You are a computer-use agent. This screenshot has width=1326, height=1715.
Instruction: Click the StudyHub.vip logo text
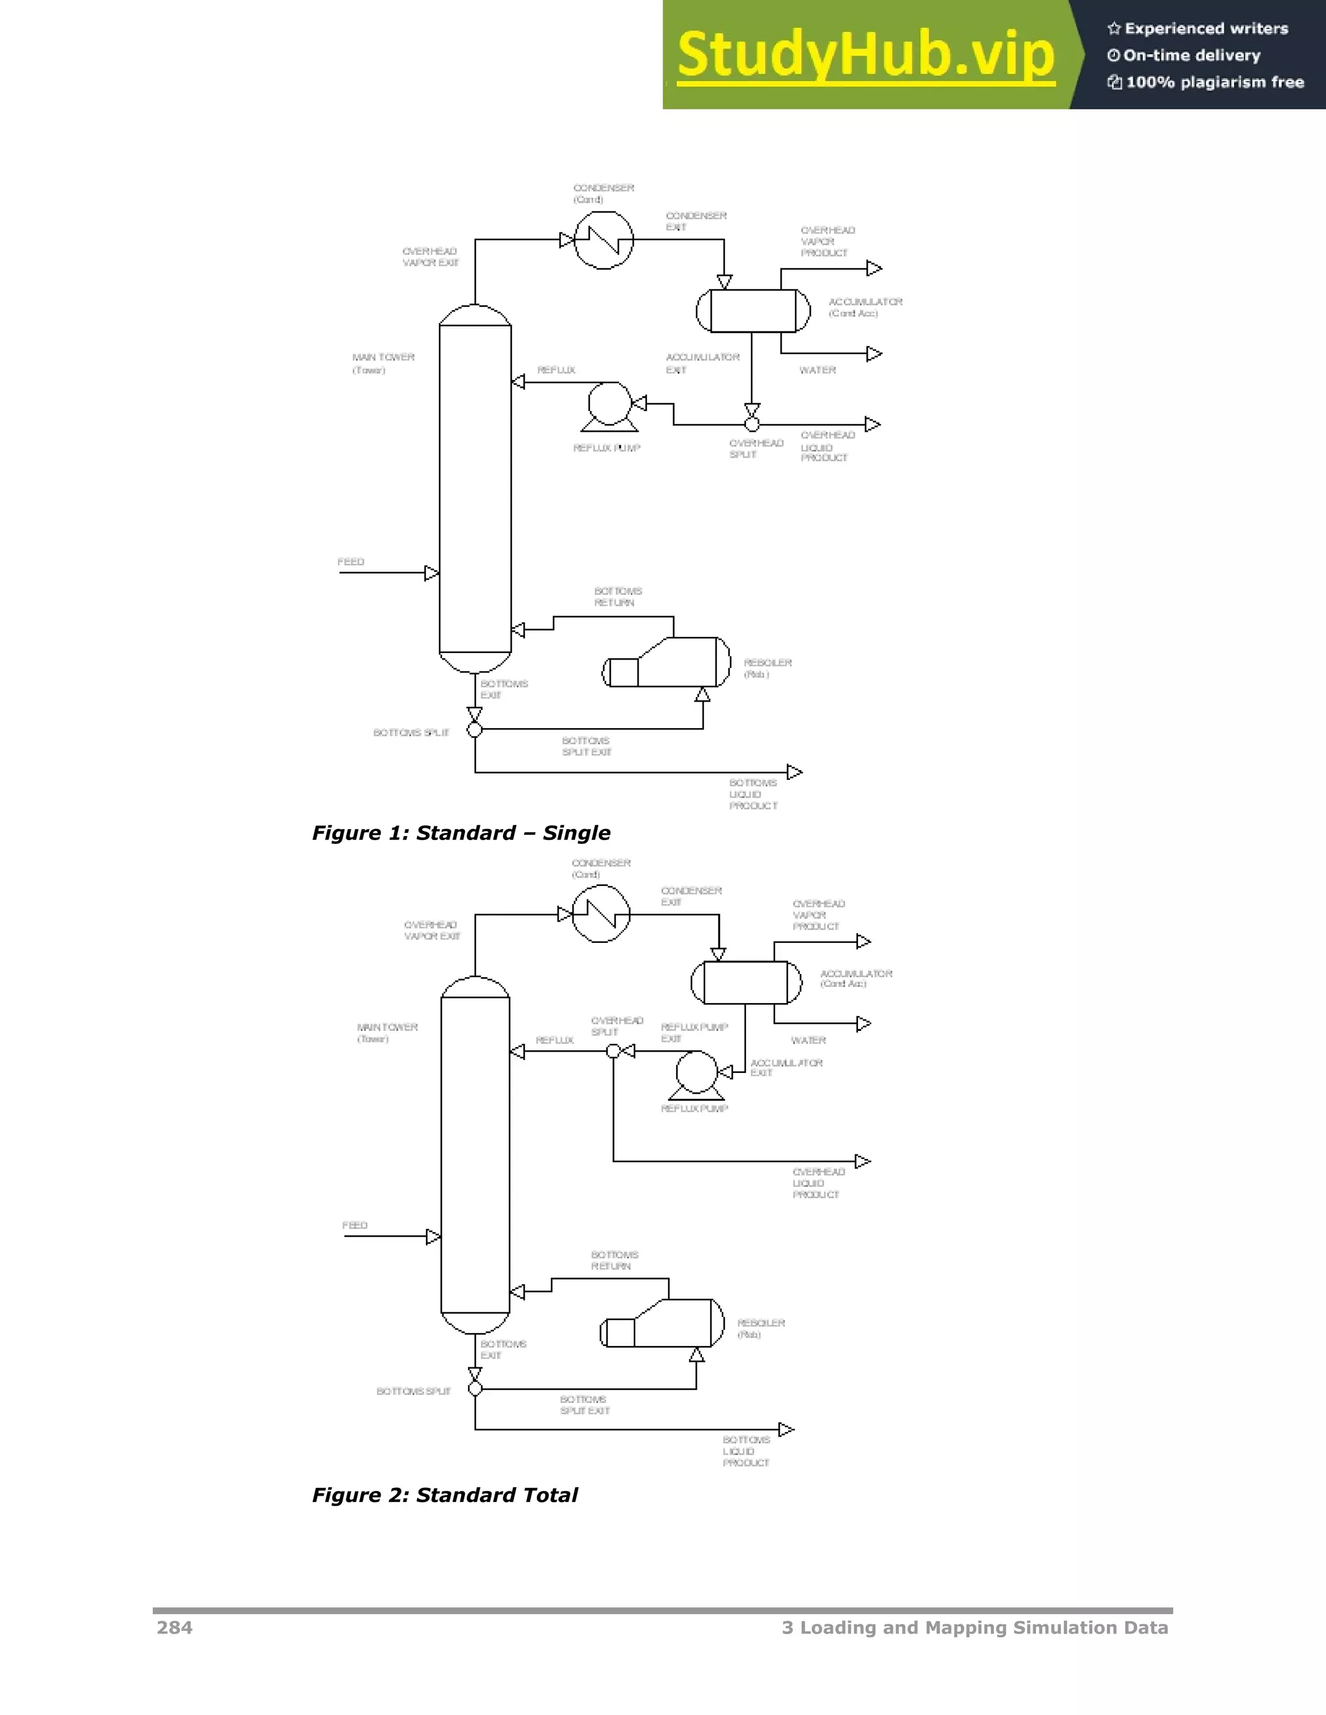pos(865,55)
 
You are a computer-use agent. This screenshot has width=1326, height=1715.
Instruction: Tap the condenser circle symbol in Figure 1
pos(603,239)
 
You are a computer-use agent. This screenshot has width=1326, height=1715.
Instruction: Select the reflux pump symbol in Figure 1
pos(609,405)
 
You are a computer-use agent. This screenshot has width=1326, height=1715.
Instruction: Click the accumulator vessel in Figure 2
pos(745,982)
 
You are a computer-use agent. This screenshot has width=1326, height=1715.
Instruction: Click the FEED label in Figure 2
pos(354,1225)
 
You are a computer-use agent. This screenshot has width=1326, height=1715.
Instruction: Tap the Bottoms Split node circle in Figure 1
pos(475,729)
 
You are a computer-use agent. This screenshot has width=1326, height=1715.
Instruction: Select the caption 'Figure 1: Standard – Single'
pos(461,833)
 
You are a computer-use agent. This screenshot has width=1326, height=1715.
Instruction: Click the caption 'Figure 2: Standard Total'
pos(445,1494)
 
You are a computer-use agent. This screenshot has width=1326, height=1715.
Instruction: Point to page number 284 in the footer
pos(174,1627)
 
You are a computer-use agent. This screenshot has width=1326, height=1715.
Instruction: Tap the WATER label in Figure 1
pos(817,370)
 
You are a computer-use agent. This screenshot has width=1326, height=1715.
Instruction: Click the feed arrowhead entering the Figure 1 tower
pos(431,573)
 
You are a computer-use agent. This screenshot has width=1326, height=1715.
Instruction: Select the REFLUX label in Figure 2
pos(555,1040)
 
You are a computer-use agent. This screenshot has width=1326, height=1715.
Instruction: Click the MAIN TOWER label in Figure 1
pos(383,357)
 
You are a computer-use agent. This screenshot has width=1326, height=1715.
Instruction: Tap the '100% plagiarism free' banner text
pos(1215,82)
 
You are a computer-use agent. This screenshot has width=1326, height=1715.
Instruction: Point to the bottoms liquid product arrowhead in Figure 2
pos(785,1429)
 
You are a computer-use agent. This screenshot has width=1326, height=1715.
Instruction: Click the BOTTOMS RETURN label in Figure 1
pos(618,597)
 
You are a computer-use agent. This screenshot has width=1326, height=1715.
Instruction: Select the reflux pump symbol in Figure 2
pos(696,1074)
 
